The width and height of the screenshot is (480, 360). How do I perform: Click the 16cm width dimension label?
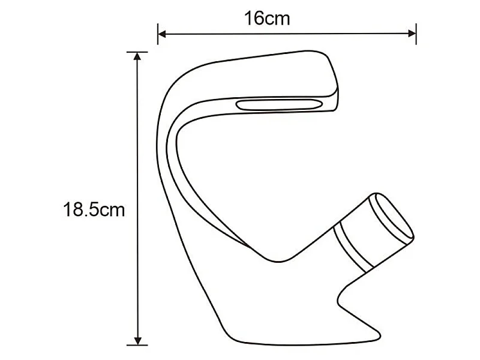click(x=267, y=19)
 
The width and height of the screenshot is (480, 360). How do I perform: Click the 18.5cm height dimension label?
click(x=94, y=209)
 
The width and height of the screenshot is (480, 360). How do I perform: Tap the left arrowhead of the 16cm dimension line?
click(x=161, y=34)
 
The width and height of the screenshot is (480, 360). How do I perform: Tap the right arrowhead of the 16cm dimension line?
click(x=412, y=34)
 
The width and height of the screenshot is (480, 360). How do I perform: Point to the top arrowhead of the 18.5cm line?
click(x=138, y=56)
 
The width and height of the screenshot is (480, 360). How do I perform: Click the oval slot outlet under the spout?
click(x=279, y=104)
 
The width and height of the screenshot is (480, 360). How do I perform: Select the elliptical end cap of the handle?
click(x=391, y=217)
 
